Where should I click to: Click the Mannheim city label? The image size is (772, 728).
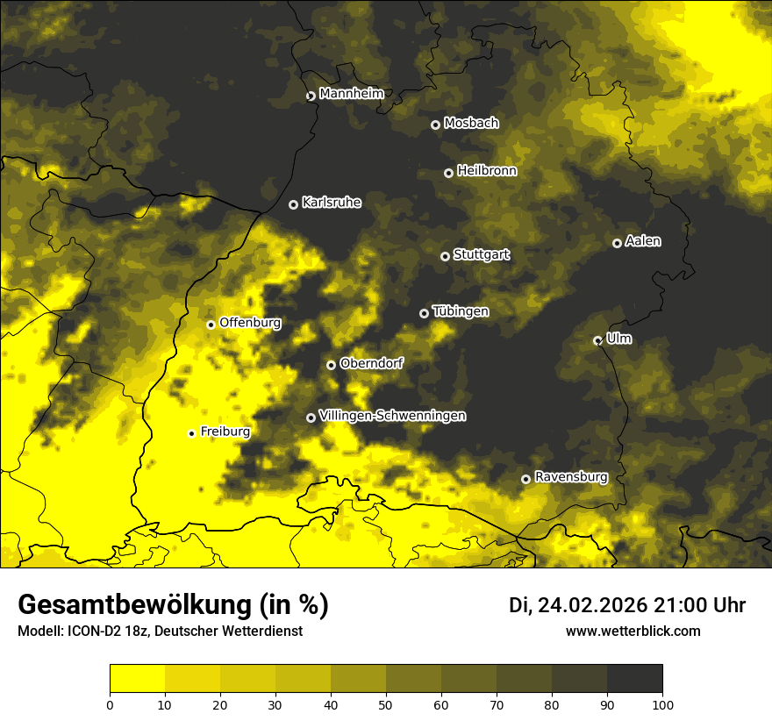pos(347,94)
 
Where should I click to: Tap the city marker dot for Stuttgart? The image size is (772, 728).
pos(445,256)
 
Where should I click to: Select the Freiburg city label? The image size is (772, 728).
pos(225,432)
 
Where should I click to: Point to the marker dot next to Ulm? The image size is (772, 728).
pos(597,340)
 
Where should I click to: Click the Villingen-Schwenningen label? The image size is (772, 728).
pos(392,416)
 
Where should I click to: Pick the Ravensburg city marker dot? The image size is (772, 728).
pos(525,479)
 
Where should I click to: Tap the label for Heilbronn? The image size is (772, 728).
pos(487,171)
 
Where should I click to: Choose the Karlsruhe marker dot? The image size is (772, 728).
pos(293,204)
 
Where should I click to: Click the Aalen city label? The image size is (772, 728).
pos(643,241)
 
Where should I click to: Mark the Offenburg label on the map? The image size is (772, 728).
pos(250,323)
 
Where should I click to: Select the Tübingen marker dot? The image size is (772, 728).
pos(424,313)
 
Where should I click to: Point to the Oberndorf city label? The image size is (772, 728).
pos(371,363)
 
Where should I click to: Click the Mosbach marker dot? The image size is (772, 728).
pos(435,125)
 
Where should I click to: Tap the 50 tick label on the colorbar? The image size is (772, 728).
pos(386,704)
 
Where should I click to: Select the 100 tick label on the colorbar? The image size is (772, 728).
pos(662,704)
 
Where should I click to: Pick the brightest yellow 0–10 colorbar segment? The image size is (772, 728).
pos(137,679)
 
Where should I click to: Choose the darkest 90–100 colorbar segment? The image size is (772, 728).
pos(634,679)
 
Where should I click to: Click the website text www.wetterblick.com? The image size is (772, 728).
pos(633,632)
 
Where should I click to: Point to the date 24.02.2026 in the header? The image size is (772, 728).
pos(592,605)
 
